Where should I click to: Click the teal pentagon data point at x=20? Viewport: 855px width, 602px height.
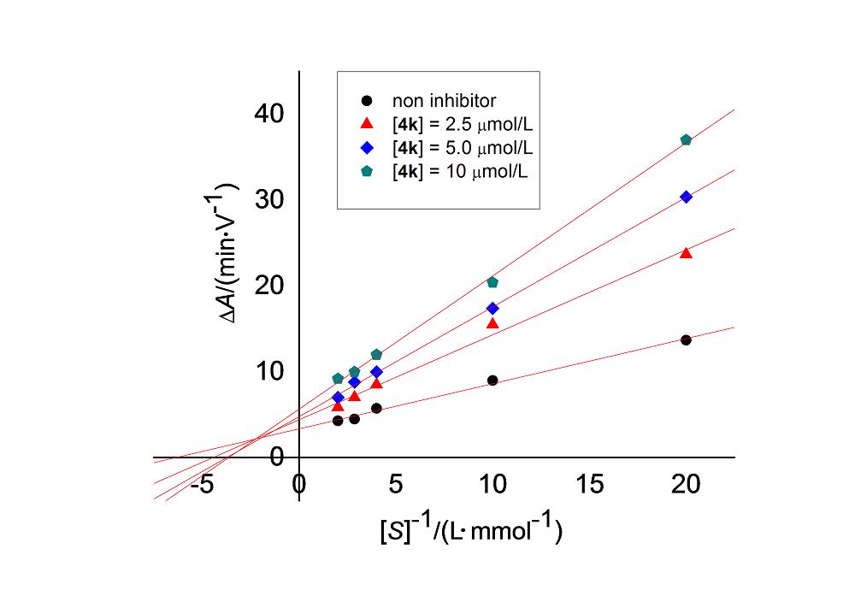click(x=686, y=139)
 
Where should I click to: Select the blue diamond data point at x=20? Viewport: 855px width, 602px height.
click(x=686, y=197)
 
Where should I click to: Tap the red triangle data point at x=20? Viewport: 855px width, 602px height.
click(x=686, y=253)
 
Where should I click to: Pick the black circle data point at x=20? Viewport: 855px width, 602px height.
click(x=686, y=339)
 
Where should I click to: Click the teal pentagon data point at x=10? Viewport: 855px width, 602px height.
click(x=492, y=282)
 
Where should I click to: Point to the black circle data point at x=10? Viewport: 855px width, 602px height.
click(x=492, y=380)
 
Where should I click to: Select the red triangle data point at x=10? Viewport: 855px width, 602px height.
click(x=492, y=323)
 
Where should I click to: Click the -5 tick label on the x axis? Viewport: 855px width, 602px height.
click(x=202, y=485)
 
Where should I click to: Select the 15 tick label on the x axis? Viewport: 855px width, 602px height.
click(x=589, y=485)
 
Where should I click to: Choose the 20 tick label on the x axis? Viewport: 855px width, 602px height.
click(x=686, y=485)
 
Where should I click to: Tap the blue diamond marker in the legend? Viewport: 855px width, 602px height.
click(x=366, y=148)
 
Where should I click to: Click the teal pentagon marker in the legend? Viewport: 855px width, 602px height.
click(x=366, y=171)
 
